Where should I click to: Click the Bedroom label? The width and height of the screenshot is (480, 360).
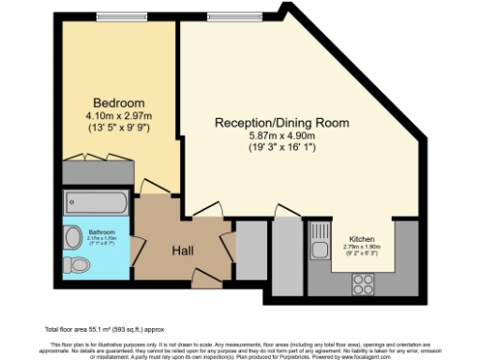118,102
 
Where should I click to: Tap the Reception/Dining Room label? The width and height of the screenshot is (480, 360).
281,123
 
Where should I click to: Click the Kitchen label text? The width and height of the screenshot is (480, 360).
363,238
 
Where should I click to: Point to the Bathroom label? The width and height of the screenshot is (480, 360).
101,232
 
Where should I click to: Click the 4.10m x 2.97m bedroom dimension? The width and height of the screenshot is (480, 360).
119,115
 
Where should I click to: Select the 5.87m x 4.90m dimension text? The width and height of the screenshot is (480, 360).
281,135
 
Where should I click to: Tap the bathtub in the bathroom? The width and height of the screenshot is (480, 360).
97,202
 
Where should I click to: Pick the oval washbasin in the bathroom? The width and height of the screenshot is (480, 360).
72,235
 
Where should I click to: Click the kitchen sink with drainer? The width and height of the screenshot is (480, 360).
320,240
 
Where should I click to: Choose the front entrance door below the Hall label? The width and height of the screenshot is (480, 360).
199,277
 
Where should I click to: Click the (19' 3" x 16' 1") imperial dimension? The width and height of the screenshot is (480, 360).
281,147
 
